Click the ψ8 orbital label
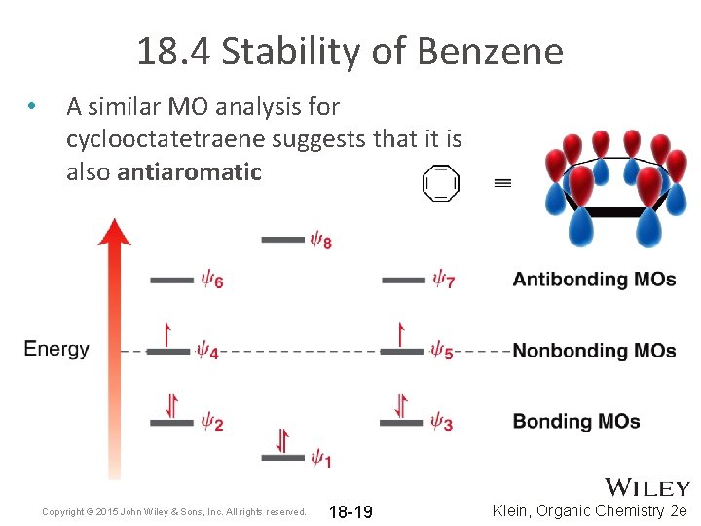click(320, 240)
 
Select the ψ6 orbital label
click(212, 281)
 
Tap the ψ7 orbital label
click(444, 281)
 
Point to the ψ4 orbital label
click(207, 350)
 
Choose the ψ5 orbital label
click(443, 350)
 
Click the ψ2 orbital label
click(212, 423)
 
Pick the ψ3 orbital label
click(443, 423)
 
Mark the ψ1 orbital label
click(320, 458)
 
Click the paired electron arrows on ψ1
click(283, 440)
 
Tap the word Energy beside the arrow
click(56, 349)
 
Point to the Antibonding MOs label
click(594, 280)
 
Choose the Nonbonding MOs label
click(594, 351)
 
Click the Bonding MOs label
click(576, 422)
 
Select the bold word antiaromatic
click(189, 172)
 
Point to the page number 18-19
click(350, 512)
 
